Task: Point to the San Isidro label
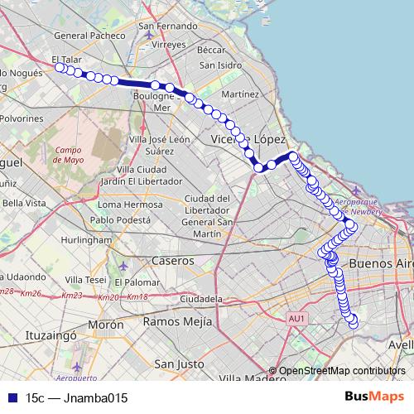(219, 65)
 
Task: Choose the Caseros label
(172, 261)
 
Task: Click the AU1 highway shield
(298, 318)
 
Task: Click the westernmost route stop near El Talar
(60, 68)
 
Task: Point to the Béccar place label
(212, 50)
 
